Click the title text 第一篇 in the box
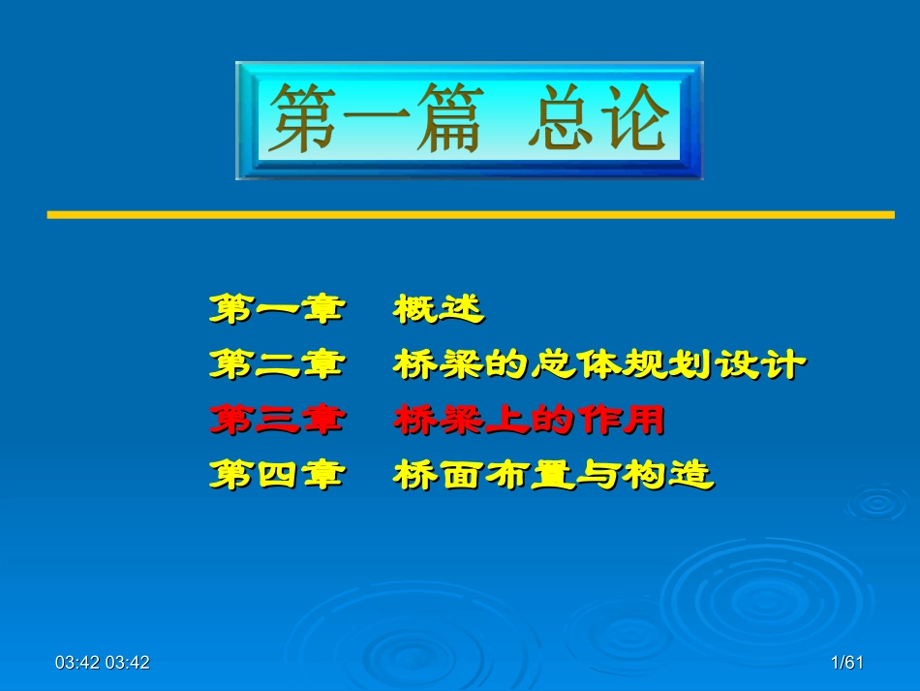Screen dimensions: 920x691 (x=377, y=118)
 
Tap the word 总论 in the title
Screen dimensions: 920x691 (x=598, y=116)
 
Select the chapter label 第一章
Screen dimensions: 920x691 (x=278, y=308)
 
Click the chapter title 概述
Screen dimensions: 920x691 (x=440, y=308)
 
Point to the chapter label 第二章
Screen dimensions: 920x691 (x=278, y=364)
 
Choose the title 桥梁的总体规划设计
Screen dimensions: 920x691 (x=599, y=364)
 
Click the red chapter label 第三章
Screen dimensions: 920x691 (x=278, y=420)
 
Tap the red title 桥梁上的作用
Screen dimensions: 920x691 (x=529, y=420)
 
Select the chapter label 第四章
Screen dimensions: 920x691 (x=278, y=474)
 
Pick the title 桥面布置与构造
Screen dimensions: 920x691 (x=554, y=474)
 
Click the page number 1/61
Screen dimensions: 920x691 (x=847, y=662)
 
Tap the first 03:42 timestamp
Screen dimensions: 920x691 (x=77, y=662)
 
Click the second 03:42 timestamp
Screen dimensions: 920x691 (x=128, y=662)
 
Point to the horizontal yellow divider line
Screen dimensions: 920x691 (x=471, y=215)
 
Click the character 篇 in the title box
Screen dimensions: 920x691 (x=450, y=118)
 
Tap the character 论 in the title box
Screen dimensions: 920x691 (x=637, y=116)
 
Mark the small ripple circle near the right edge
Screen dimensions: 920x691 (x=877, y=503)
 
